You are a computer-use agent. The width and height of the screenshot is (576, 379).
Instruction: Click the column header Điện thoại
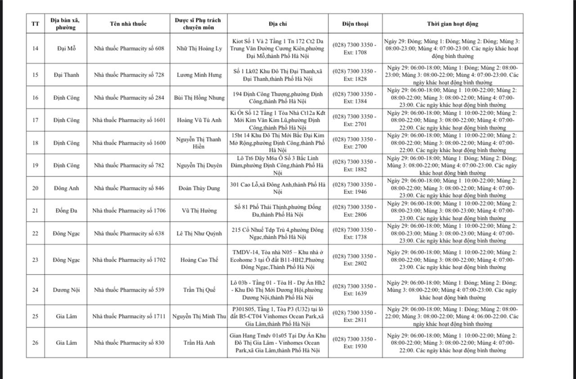click(x=355, y=24)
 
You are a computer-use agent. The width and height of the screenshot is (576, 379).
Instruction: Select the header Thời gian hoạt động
click(x=452, y=24)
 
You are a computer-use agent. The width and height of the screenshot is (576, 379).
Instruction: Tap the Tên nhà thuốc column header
click(x=128, y=24)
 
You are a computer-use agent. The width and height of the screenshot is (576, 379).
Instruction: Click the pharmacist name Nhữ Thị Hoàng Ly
click(x=199, y=49)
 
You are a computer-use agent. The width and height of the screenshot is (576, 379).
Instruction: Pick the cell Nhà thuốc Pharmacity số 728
click(x=129, y=75)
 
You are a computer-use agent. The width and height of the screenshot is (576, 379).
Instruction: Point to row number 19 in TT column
click(x=35, y=165)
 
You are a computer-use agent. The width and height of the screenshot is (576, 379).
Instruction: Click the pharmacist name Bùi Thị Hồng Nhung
click(x=199, y=98)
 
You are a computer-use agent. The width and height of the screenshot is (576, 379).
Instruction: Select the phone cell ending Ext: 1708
click(x=355, y=49)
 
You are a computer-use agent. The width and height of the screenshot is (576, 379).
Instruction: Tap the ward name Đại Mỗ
click(x=66, y=49)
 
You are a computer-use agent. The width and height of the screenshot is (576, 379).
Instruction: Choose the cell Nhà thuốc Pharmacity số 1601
click(x=129, y=120)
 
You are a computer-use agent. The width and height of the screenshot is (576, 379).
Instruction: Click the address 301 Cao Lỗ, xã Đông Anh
click(x=278, y=188)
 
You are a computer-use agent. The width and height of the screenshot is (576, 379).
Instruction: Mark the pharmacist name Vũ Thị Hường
click(x=199, y=210)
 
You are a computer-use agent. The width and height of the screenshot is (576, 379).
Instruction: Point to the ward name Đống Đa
click(x=66, y=210)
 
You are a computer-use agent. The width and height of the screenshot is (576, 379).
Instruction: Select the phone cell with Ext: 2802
click(x=355, y=260)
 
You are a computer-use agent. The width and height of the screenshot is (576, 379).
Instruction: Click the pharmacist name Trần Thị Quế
click(x=199, y=290)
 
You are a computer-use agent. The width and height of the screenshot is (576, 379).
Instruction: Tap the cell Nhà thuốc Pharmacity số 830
click(x=129, y=343)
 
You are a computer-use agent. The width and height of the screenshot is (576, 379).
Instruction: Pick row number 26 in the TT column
click(x=35, y=343)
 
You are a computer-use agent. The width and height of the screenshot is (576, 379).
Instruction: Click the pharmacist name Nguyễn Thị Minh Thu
click(x=199, y=316)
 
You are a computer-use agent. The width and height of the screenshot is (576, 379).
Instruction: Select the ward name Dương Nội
click(x=66, y=290)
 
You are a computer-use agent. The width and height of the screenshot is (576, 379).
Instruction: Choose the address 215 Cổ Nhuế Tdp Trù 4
click(x=278, y=233)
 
